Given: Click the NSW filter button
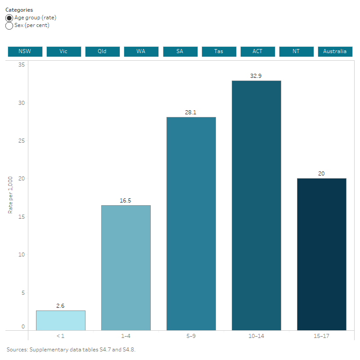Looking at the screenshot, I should click(25, 51).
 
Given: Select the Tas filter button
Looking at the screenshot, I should click(219, 51).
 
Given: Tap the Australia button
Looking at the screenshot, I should click(335, 51).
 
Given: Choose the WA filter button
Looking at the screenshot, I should click(141, 51).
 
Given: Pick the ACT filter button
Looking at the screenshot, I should click(257, 51).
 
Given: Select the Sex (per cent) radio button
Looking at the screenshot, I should click(9, 26).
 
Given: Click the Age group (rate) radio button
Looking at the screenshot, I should click(9, 18).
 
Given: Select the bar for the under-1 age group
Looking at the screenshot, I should click(61, 320).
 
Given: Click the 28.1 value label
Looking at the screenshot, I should click(191, 112).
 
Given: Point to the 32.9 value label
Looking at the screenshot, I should click(256, 76).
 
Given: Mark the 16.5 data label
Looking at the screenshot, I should click(126, 201).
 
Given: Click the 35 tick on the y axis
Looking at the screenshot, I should click(22, 65).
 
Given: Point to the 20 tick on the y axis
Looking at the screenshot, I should click(22, 179).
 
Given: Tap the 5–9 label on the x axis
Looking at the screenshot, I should click(191, 336).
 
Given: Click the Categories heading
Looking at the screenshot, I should click(19, 10).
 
